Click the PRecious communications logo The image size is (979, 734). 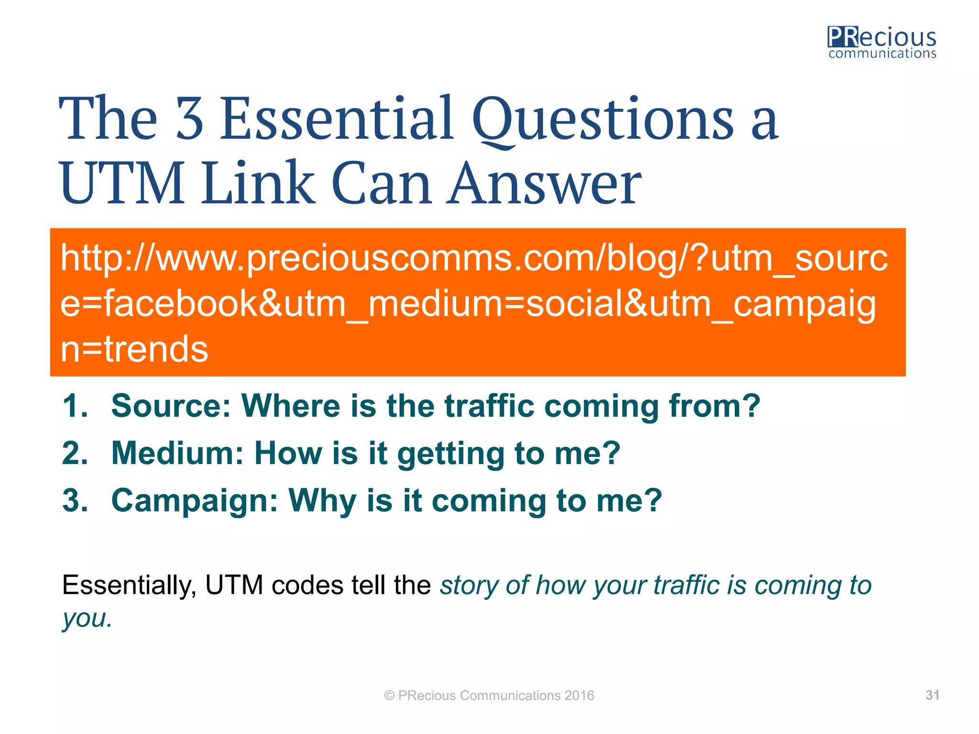tap(881, 43)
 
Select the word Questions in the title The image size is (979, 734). tap(602, 119)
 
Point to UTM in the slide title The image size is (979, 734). tap(122, 184)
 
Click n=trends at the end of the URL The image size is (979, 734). tap(134, 349)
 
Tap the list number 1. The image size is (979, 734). tap(75, 406)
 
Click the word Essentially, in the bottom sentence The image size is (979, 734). tap(129, 585)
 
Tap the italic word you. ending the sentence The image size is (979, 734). tap(87, 619)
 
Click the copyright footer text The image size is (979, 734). tap(489, 695)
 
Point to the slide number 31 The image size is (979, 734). tap(932, 695)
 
